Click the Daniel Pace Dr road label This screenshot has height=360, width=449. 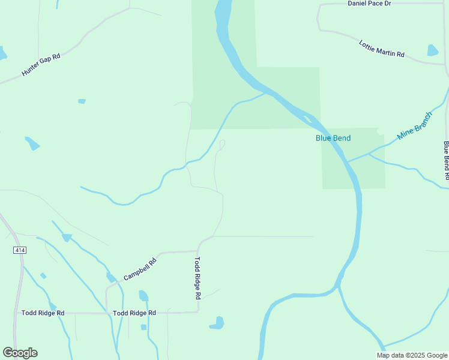[369, 4]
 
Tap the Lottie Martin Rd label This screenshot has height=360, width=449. [382, 49]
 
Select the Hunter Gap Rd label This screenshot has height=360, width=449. [41, 65]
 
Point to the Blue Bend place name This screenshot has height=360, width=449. [333, 138]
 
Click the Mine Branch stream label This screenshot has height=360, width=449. [414, 126]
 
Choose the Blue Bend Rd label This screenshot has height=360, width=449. [446, 160]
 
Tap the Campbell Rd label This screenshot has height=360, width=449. [140, 269]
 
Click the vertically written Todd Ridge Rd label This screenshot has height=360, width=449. [197, 278]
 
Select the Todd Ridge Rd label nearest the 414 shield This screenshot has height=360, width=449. [43, 313]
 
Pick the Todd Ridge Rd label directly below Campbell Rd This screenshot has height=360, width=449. [134, 313]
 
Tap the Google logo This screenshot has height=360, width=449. [20, 353]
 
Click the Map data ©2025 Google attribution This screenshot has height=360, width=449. [412, 355]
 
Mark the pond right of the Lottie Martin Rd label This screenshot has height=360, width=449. [433, 50]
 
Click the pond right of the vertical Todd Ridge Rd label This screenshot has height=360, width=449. [217, 323]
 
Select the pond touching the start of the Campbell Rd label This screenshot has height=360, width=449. [111, 277]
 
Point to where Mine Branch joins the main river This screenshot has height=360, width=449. [348, 161]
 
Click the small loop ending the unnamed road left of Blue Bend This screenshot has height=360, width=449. [222, 143]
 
